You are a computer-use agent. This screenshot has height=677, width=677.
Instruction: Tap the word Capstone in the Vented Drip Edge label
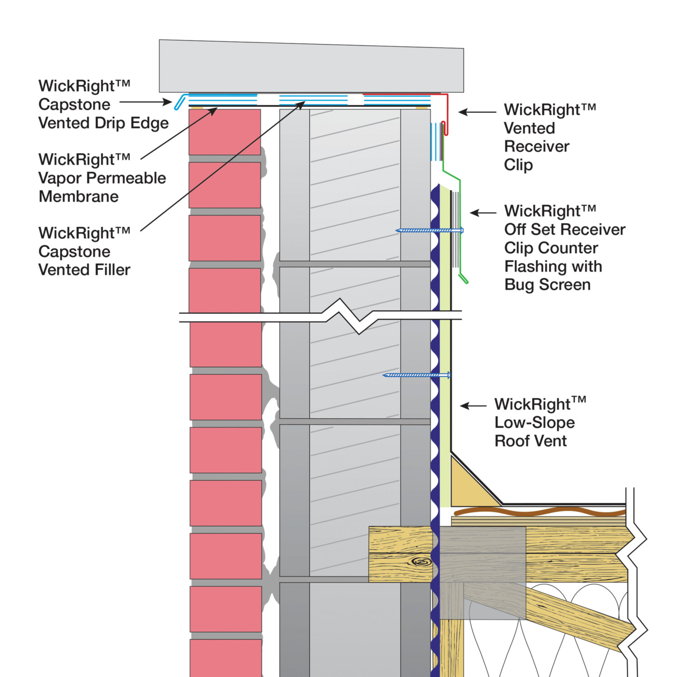coord(74,105)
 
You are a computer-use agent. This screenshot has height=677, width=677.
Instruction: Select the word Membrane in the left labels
coord(79,197)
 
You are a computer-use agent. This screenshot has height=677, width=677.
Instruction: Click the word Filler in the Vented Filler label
coord(113,270)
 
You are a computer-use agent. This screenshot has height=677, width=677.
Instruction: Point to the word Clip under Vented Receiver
coord(518,165)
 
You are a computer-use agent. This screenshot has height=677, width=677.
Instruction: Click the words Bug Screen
coord(547,285)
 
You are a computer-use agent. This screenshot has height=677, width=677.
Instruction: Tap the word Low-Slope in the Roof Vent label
coord(534,423)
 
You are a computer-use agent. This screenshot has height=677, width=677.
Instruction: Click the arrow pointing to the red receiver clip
coord(477,112)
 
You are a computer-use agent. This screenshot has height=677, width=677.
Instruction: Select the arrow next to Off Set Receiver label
coord(483,213)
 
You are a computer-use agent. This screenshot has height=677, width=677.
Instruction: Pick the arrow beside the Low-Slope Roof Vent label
coord(473,406)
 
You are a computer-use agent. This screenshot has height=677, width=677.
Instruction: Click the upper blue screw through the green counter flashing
coord(429,231)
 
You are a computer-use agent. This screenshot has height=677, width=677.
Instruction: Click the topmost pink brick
coord(224,132)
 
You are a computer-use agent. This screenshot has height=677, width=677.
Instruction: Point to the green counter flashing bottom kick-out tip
coord(464,280)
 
